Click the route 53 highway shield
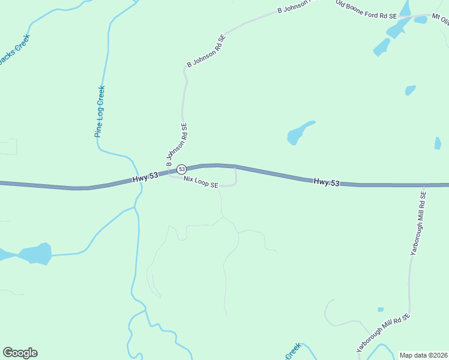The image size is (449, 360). (181, 170)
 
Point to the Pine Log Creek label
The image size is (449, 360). (100, 112)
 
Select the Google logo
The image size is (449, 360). (20, 353)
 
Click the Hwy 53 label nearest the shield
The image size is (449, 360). (145, 178)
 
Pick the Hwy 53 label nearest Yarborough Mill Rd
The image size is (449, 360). (327, 182)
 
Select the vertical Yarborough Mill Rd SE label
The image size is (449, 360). (418, 224)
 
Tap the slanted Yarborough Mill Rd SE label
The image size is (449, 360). (382, 332)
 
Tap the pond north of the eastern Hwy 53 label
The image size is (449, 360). (299, 133)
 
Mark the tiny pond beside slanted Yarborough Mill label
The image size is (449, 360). (381, 310)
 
